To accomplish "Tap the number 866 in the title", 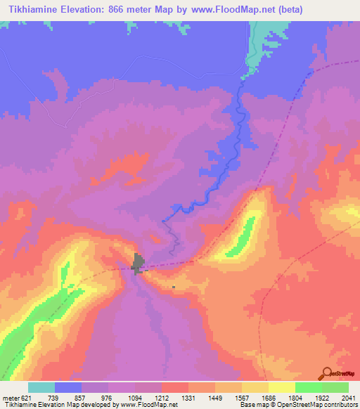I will (124, 9).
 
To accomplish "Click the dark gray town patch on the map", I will (139, 264).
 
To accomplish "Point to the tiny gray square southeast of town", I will (174, 287).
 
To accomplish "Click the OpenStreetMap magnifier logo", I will (326, 372).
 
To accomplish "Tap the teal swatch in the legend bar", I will (41, 387).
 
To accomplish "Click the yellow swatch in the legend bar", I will (282, 387).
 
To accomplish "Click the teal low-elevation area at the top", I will (267, 35).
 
